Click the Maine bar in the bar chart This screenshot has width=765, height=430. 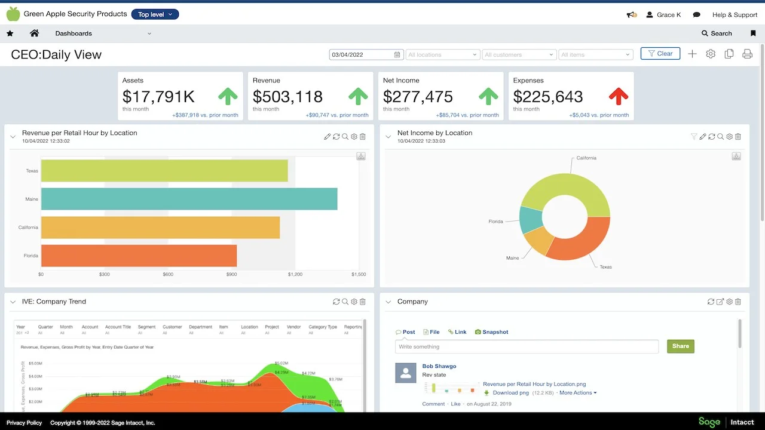click(189, 199)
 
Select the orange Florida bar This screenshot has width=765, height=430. click(139, 256)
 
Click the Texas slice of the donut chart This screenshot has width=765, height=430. click(577, 239)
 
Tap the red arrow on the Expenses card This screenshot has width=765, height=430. click(619, 96)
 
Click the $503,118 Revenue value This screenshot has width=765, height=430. click(287, 97)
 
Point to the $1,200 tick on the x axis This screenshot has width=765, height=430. click(295, 274)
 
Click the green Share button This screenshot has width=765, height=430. click(680, 346)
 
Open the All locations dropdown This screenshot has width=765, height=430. click(442, 54)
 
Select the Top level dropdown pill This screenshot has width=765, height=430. click(155, 14)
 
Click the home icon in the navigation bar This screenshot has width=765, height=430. click(34, 33)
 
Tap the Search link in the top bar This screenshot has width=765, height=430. click(717, 33)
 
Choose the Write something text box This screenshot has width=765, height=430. click(527, 346)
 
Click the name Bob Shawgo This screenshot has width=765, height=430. click(439, 366)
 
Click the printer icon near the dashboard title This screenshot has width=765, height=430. click(747, 54)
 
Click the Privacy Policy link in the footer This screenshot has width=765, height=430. click(24, 423)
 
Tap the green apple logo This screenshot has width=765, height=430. click(13, 14)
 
